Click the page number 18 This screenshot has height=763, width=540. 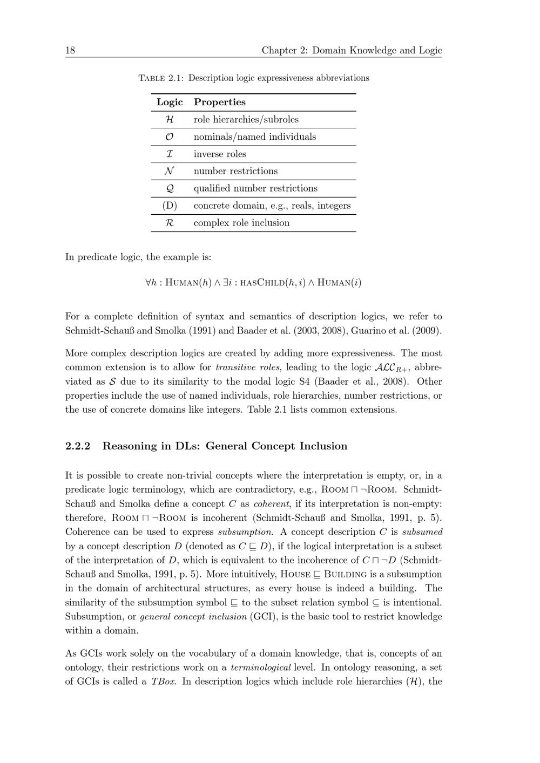(x=70, y=51)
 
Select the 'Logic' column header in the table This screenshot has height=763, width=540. (x=170, y=102)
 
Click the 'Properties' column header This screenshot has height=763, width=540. (x=219, y=102)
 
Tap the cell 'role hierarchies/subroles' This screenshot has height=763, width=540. (x=246, y=119)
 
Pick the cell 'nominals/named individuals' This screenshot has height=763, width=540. (x=255, y=137)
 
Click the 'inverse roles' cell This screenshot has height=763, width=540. (x=220, y=154)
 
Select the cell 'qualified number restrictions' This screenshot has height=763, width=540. (x=255, y=188)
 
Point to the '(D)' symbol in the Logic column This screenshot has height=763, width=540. (x=170, y=206)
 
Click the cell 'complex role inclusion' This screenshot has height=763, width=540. (x=241, y=223)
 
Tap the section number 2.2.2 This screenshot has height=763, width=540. (x=78, y=446)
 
